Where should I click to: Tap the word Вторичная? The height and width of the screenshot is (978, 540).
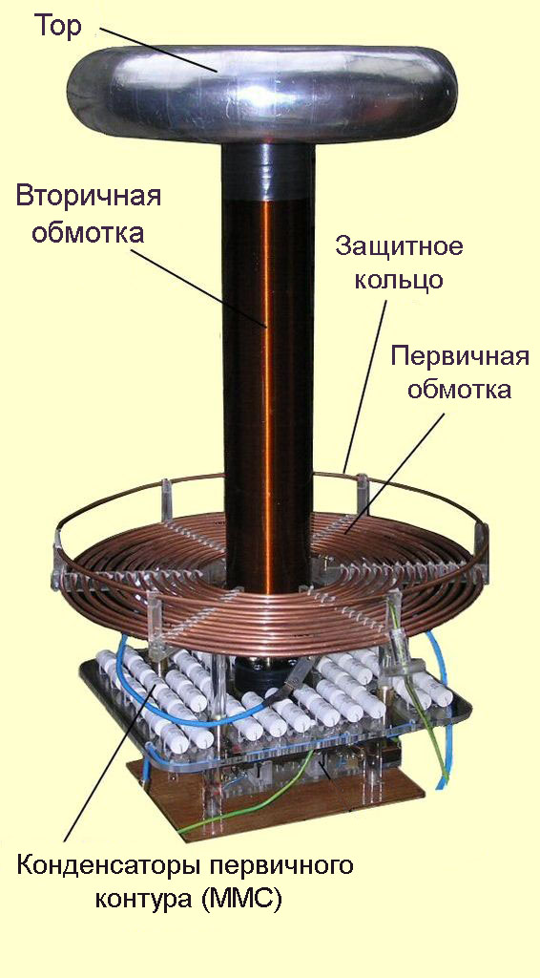tap(89, 195)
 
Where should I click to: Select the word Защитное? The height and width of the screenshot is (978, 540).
tap(399, 247)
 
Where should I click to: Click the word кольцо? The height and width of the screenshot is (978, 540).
tap(399, 280)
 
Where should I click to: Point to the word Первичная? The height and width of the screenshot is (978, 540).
tap(460, 359)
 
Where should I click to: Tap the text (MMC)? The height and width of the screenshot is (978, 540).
tap(244, 900)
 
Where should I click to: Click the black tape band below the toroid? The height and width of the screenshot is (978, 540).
tap(268, 172)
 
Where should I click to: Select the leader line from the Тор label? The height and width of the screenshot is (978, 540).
tap(157, 50)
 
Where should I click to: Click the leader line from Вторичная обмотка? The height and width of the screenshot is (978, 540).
tap(200, 287)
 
